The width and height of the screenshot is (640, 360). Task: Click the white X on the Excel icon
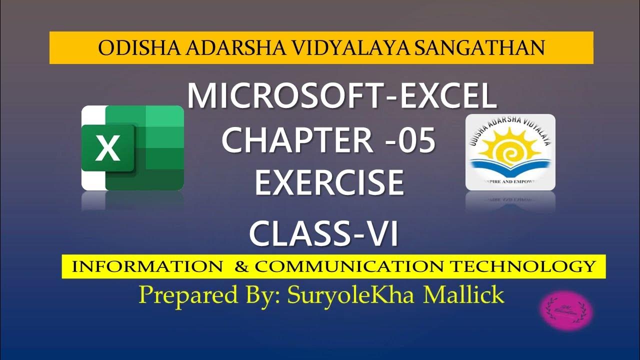(x=108, y=148)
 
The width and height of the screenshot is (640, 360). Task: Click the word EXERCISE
(x=329, y=182)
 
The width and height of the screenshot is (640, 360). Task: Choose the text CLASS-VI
(x=324, y=233)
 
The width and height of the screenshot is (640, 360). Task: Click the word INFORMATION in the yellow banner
(x=147, y=266)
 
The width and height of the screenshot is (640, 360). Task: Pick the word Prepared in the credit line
(x=183, y=295)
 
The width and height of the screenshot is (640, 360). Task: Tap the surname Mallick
(x=463, y=295)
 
